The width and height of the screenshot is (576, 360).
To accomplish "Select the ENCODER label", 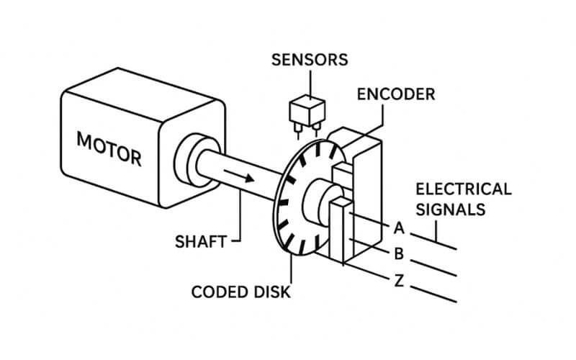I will (x=396, y=94).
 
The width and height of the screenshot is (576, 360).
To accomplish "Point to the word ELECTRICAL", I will (x=463, y=189).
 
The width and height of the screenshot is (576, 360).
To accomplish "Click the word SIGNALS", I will (x=451, y=209).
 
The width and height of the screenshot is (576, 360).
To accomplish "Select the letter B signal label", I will (x=398, y=253).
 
